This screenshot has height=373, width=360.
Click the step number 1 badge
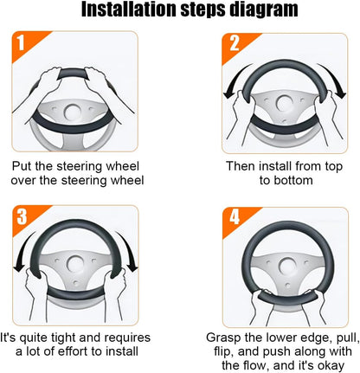21,43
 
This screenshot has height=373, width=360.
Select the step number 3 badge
22,217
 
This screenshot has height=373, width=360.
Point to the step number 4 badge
235,217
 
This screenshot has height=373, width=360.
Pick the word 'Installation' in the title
129,10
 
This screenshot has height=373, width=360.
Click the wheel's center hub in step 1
72,113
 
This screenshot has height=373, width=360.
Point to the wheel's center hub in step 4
286,266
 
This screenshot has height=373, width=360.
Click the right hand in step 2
326,115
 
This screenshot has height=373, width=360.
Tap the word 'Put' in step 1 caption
22,166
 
